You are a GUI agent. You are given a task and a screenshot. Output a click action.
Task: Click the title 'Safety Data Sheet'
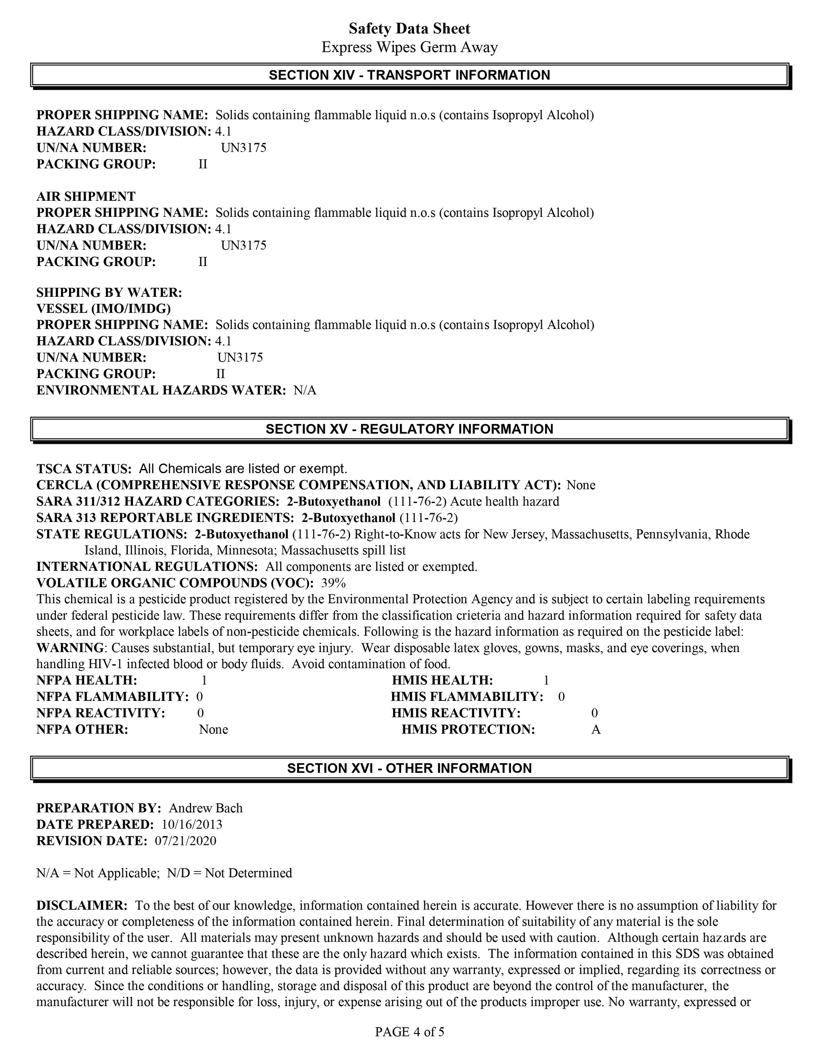(409, 29)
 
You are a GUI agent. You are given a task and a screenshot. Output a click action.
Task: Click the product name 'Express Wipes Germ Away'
(409, 48)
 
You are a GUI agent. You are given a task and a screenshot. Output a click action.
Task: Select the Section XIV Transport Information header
(409, 75)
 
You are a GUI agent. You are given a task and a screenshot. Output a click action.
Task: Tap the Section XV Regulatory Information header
(409, 429)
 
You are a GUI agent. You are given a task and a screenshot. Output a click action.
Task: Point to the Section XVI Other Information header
(409, 768)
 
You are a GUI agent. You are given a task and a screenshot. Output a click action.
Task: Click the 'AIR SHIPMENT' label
(86, 197)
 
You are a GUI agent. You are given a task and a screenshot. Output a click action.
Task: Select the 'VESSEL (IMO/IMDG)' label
(104, 309)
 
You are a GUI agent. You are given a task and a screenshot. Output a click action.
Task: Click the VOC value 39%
(333, 583)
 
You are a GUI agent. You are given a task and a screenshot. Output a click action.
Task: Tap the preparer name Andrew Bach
(206, 808)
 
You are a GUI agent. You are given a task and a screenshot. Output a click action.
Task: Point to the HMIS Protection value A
(596, 730)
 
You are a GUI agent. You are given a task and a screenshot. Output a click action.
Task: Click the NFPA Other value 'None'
(213, 730)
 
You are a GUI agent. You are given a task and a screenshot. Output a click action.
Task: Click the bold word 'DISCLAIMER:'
(82, 906)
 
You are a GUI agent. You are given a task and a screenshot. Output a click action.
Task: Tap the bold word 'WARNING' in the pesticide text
(70, 648)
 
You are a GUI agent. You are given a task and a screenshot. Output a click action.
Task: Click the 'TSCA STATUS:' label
(84, 469)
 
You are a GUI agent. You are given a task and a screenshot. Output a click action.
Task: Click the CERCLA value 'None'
(581, 485)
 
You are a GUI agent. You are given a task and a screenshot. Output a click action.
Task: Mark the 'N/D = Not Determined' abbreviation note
(229, 873)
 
